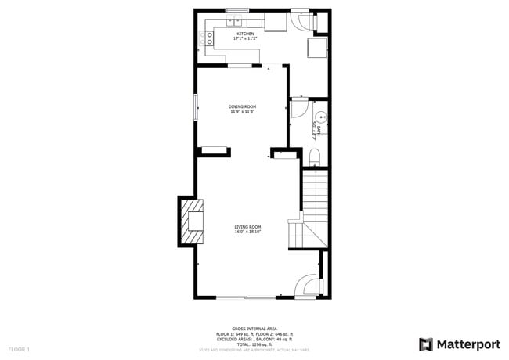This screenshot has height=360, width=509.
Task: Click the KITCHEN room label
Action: [245, 34]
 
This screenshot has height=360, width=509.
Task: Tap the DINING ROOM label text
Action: [243, 106]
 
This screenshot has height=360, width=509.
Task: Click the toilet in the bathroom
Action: [315, 160]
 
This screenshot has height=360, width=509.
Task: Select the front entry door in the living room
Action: [308, 286]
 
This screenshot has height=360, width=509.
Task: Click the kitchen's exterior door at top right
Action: [300, 20]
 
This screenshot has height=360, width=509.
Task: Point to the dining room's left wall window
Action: [197, 107]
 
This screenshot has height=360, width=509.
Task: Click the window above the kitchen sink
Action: [237, 10]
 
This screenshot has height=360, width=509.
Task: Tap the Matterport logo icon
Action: [426, 344]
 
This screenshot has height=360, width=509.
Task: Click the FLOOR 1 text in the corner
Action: [19, 348]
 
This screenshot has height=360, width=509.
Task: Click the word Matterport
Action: [467, 344]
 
